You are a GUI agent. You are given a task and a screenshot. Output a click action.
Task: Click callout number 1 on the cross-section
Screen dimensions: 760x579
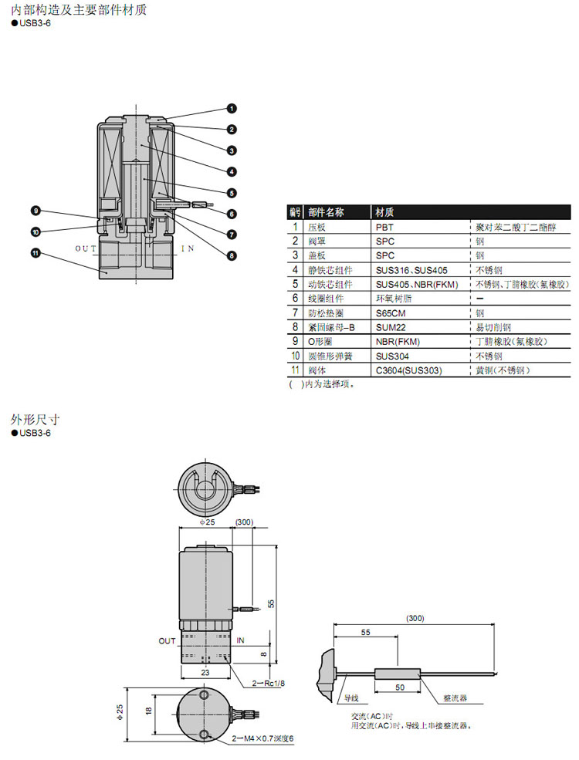231,110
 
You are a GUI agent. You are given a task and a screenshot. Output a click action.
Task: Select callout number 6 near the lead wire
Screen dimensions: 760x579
231,214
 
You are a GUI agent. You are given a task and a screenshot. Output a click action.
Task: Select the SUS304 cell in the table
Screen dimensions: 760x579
391,356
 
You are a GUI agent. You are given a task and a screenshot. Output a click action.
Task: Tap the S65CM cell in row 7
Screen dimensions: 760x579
390,313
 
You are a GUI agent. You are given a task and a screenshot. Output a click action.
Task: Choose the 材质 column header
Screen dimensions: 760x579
386,212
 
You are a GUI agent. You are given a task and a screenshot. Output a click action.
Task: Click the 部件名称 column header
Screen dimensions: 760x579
326,212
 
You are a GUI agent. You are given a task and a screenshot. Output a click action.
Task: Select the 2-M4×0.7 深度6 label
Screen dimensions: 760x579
263,738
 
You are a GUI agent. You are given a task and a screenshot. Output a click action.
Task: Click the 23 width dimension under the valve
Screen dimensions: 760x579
205,672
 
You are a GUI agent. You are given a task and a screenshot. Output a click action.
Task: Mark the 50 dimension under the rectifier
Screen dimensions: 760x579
399,687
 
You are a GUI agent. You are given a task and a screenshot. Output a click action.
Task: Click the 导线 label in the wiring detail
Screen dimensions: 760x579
351,698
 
